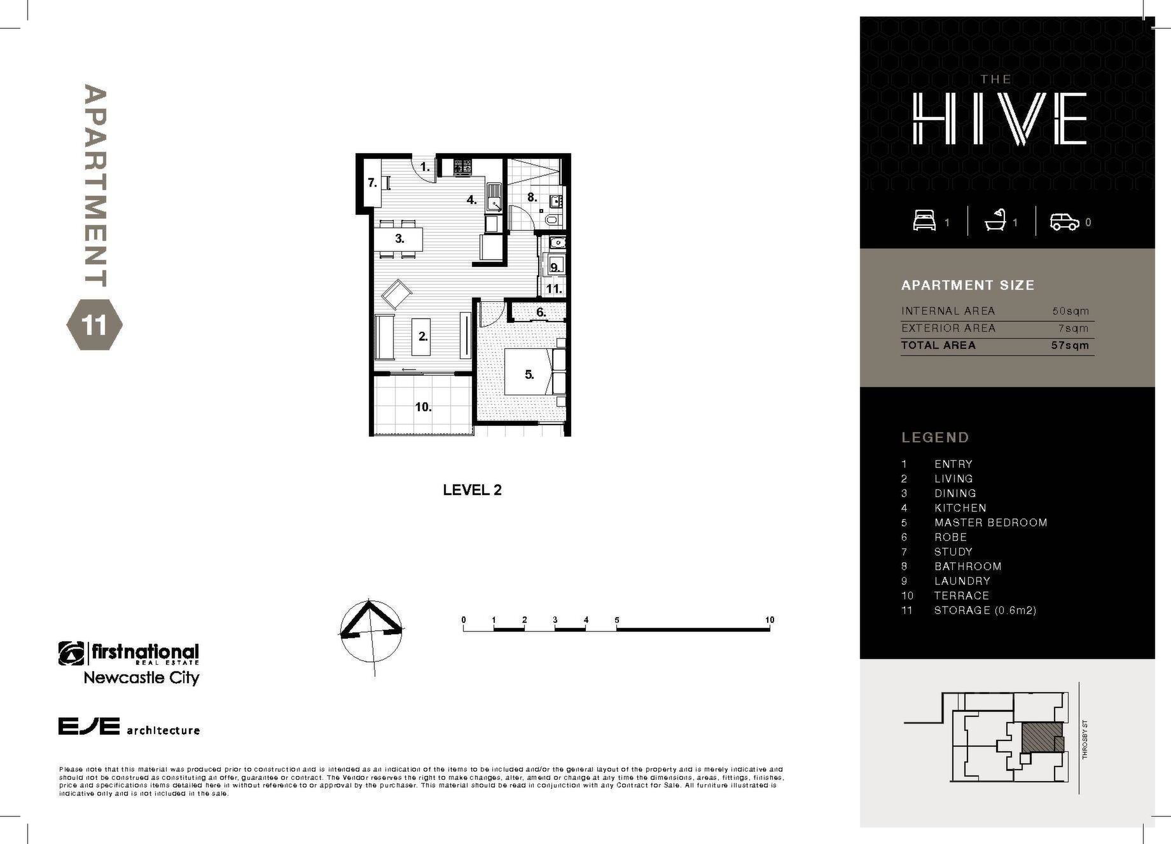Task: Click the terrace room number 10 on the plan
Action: pyautogui.click(x=424, y=407)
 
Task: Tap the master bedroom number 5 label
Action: pyautogui.click(x=529, y=375)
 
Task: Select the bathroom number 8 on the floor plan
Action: pyautogui.click(x=532, y=198)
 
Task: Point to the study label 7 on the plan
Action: pyautogui.click(x=372, y=183)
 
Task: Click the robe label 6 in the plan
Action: pyautogui.click(x=541, y=313)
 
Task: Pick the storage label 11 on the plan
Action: pyautogui.click(x=554, y=289)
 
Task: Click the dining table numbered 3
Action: pyautogui.click(x=399, y=239)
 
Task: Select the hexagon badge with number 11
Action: pyautogui.click(x=94, y=325)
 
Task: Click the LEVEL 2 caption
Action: pyautogui.click(x=472, y=490)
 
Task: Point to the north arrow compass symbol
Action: pyautogui.click(x=371, y=631)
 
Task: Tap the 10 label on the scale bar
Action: pyautogui.click(x=770, y=620)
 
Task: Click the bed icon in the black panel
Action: pyautogui.click(x=924, y=221)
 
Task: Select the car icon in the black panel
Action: pyautogui.click(x=1065, y=222)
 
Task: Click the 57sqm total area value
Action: pyautogui.click(x=1070, y=346)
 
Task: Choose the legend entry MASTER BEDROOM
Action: pyautogui.click(x=990, y=522)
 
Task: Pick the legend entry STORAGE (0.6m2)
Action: pyautogui.click(x=985, y=611)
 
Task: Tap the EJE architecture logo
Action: pyautogui.click(x=129, y=726)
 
